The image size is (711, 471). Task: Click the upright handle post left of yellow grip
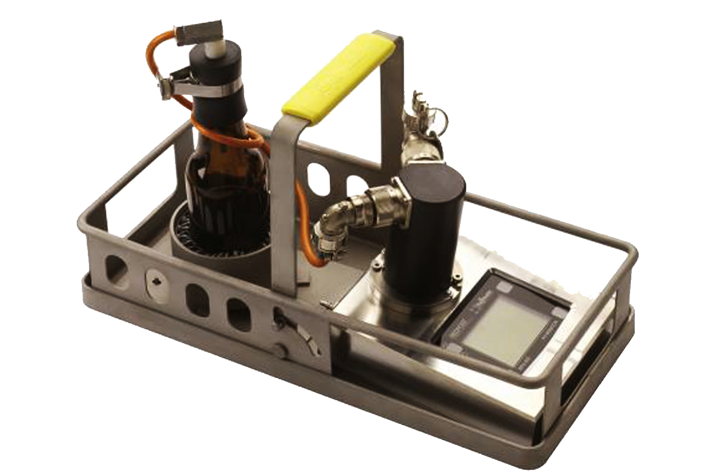285,198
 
